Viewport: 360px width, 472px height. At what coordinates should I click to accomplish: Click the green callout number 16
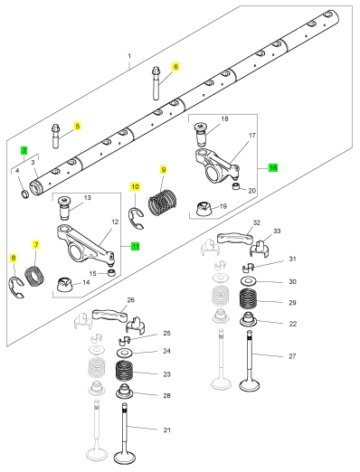point(273,167)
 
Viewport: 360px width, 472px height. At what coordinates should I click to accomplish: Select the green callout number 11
point(136,246)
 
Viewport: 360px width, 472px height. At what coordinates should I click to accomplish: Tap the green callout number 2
point(24,150)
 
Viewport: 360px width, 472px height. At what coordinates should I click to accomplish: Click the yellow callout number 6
point(175,66)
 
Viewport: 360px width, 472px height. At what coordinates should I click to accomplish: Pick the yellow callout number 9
point(164,170)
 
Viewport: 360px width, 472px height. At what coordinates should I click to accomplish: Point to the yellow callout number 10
point(136,186)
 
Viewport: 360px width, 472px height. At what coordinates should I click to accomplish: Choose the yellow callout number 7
point(36,244)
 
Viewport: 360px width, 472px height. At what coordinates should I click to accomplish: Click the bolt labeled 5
point(56,136)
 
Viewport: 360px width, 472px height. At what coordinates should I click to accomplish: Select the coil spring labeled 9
point(162,203)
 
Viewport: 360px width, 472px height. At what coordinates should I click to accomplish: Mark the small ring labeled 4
point(24,194)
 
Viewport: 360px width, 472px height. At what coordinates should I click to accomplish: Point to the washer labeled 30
point(249,281)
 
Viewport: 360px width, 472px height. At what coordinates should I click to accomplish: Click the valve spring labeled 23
point(125,372)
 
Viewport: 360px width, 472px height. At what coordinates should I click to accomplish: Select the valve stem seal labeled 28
point(125,392)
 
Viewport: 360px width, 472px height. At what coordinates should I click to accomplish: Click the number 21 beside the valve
point(167,430)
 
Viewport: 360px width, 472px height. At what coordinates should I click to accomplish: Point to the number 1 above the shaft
point(129,56)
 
